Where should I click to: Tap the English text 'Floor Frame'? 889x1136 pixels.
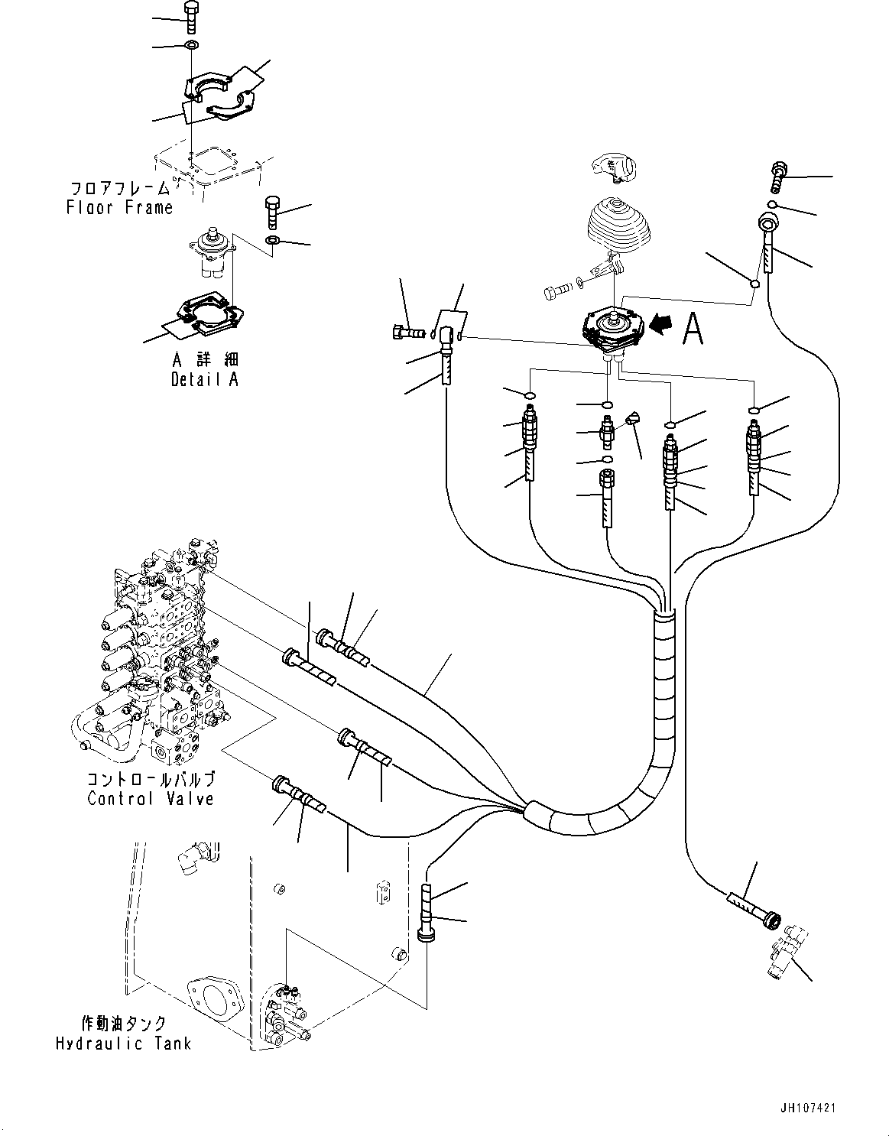click(119, 207)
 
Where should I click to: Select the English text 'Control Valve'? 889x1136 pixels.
click(151, 799)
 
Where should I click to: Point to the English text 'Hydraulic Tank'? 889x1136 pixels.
click(123, 1043)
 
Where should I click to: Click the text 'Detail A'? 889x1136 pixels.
click(204, 380)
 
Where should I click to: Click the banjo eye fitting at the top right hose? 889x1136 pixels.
click(767, 226)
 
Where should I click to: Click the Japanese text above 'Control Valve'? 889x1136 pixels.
click(151, 780)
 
